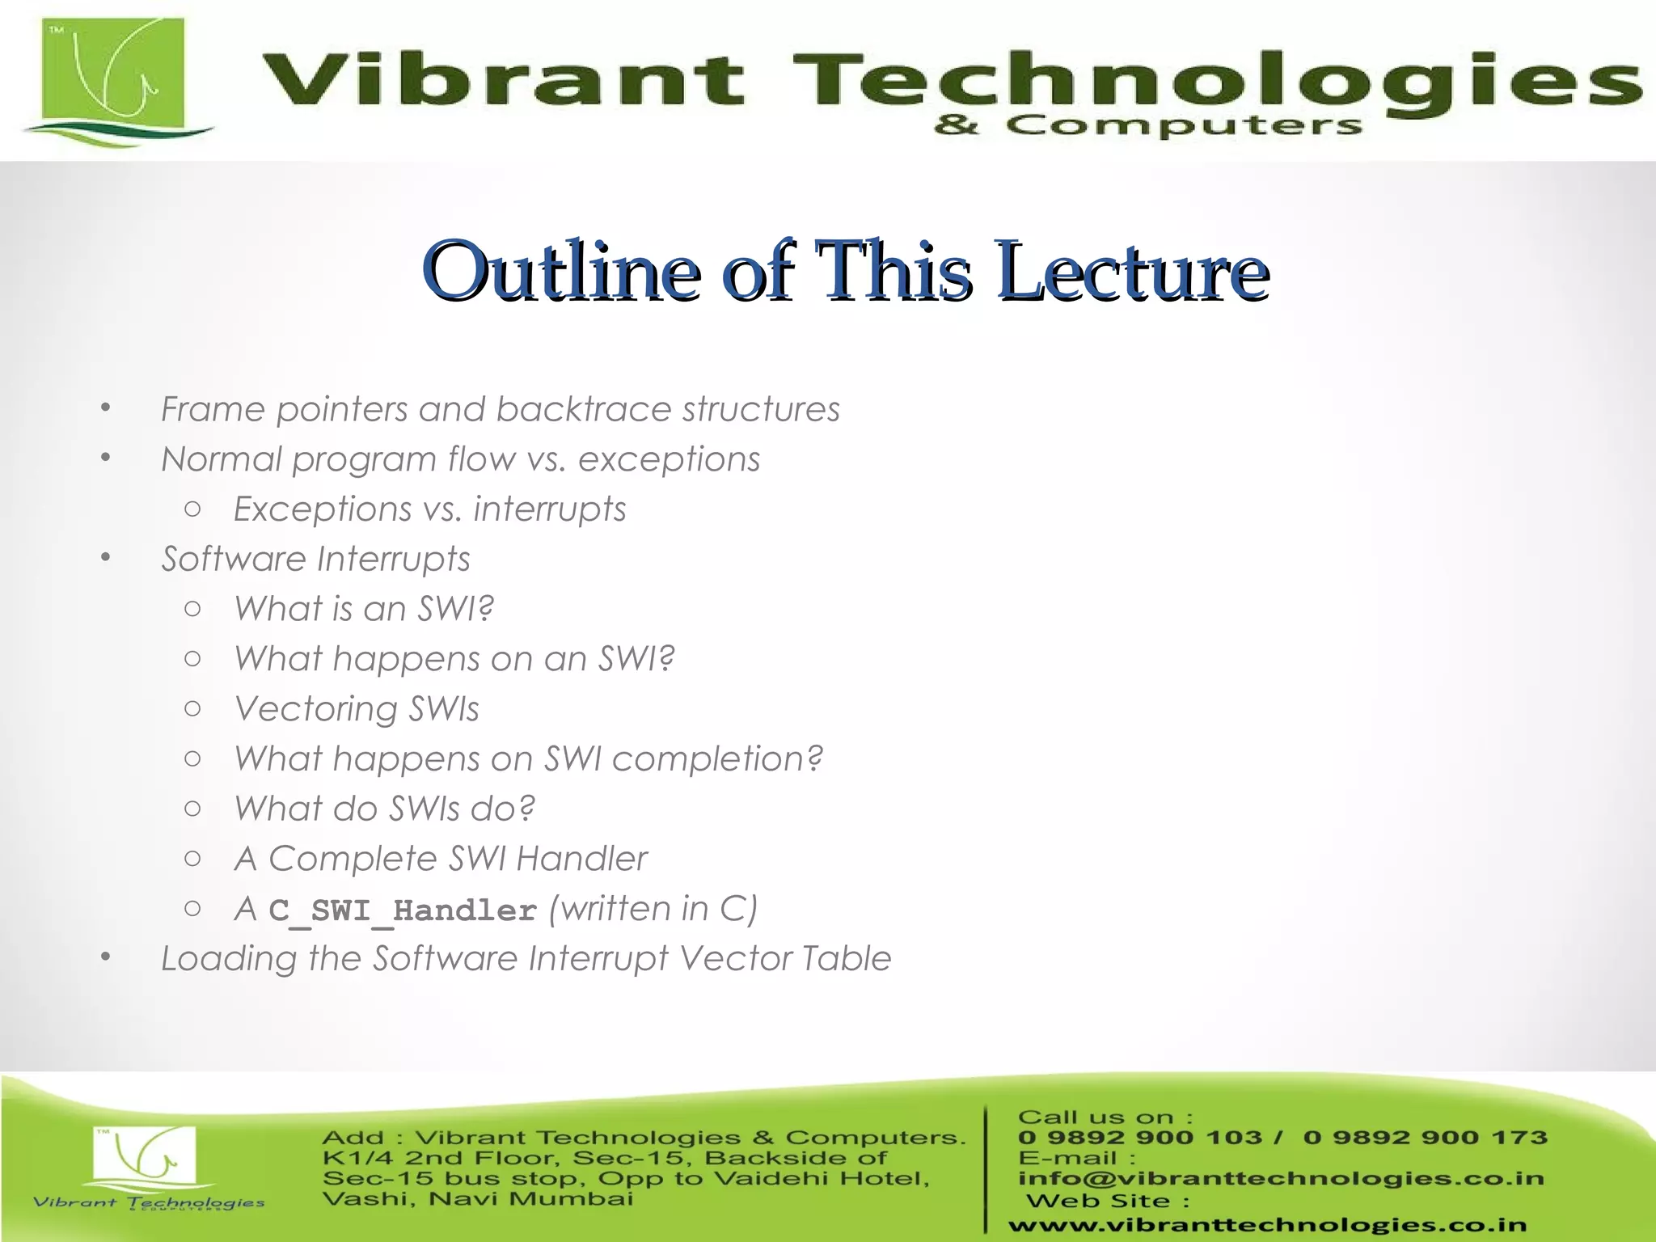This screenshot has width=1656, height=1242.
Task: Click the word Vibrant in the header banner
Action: [501, 81]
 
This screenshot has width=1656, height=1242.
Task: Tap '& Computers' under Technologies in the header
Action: [1148, 126]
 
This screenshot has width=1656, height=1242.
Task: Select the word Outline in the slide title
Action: [561, 271]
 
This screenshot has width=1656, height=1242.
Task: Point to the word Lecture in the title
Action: [1132, 271]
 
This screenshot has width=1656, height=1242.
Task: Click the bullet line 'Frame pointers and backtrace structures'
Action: [501, 409]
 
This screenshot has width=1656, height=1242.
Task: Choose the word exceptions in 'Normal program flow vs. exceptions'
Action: [669, 459]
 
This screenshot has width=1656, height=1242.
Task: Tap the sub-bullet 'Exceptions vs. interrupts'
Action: [429, 509]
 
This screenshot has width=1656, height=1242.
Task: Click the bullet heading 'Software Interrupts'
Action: [315, 560]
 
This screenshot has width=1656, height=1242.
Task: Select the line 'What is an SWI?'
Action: [364, 609]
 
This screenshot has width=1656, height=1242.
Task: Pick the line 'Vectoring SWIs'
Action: [357, 709]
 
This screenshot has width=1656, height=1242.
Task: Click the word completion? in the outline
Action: [717, 759]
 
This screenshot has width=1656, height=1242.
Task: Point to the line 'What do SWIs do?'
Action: [385, 809]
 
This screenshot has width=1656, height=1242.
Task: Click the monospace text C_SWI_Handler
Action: [403, 910]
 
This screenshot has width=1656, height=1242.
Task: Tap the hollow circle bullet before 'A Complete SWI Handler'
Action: [192, 859]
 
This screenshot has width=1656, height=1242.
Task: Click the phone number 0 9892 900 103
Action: [1139, 1138]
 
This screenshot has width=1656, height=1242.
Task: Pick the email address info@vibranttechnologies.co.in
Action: [1281, 1179]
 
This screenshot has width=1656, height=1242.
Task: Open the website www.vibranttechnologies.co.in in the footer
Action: [1267, 1226]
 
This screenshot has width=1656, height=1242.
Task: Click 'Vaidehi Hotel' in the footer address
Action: [822, 1178]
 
